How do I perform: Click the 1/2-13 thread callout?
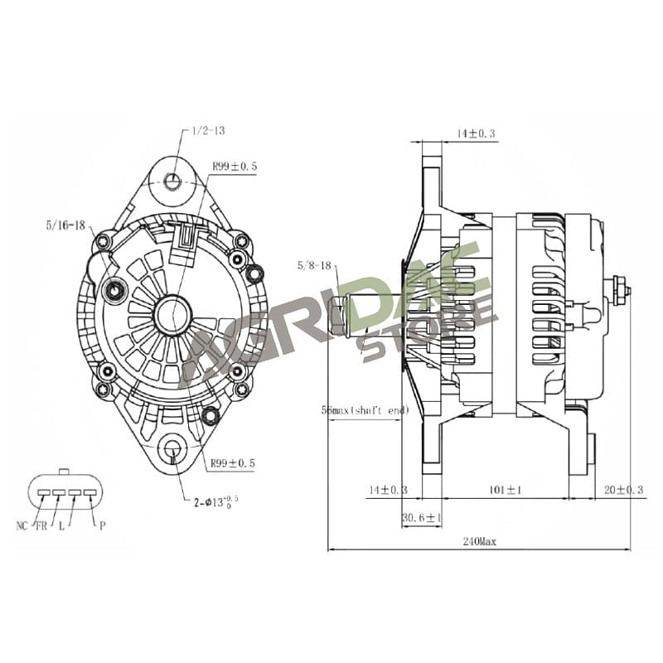tap(209, 131)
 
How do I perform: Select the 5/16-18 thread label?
tap(65, 225)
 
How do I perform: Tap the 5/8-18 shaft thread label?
tap(314, 265)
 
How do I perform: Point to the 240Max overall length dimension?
tap(479, 541)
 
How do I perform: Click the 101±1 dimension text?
tap(506, 490)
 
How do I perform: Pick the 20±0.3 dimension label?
tap(624, 490)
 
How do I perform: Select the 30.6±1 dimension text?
tap(422, 517)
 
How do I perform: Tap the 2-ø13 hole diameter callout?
tap(216, 502)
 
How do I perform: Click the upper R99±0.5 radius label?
tap(235, 167)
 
